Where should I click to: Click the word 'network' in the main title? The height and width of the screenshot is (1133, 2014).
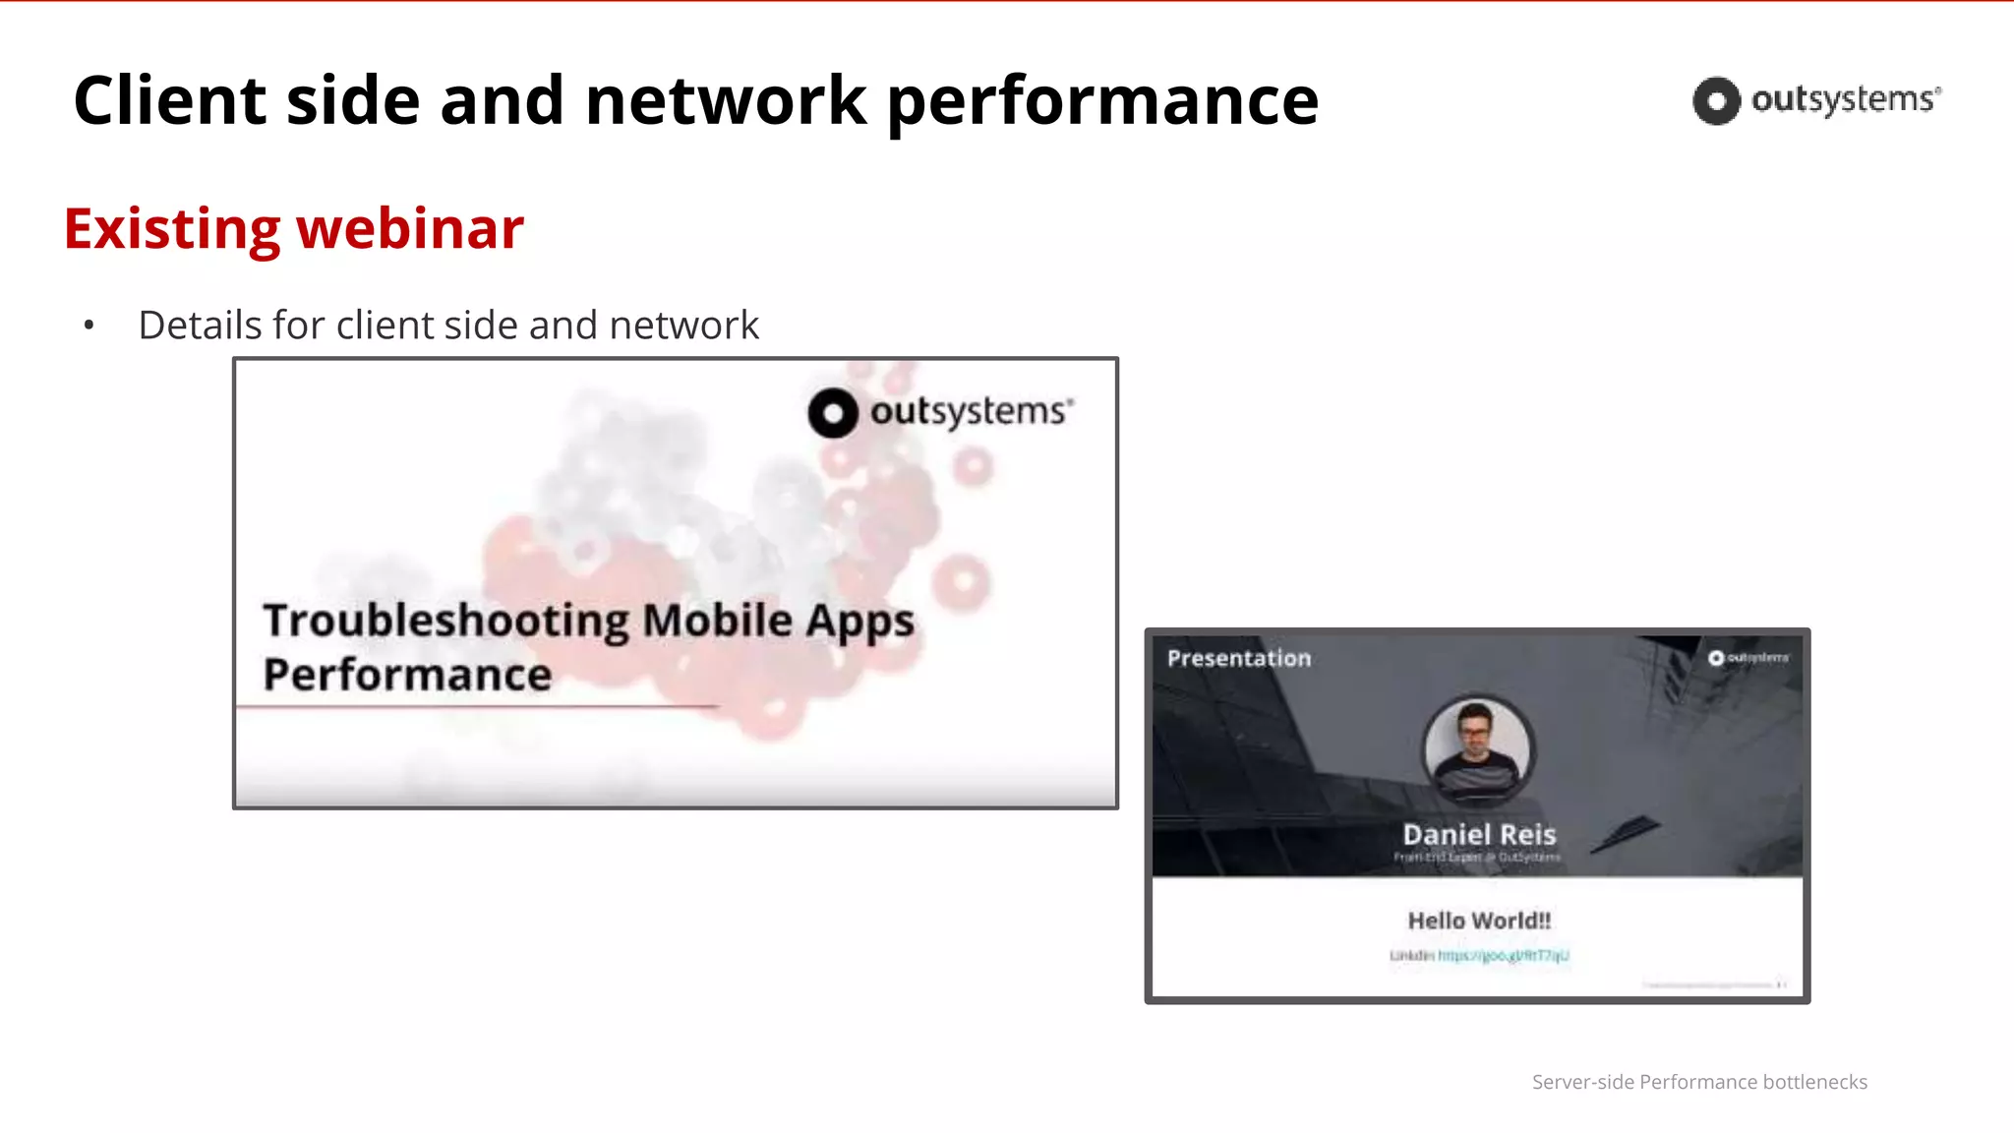(x=726, y=100)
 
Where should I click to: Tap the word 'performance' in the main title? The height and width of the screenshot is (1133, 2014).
(x=1102, y=102)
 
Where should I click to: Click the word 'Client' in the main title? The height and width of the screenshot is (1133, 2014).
(x=169, y=100)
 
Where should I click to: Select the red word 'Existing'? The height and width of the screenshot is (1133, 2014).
(x=172, y=229)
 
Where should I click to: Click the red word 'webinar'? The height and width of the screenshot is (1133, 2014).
(x=410, y=229)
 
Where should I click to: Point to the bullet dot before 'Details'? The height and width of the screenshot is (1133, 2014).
(x=89, y=326)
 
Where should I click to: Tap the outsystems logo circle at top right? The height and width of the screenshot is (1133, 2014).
(x=1716, y=100)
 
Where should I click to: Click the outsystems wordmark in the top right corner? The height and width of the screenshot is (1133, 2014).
(x=1845, y=99)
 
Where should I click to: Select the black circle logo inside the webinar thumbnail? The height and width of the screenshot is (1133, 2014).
(x=833, y=413)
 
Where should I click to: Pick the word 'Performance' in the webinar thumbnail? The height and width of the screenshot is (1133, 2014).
(x=407, y=675)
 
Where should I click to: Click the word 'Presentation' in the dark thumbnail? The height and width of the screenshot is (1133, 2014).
(x=1239, y=658)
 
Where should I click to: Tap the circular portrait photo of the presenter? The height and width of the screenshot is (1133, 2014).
(x=1477, y=749)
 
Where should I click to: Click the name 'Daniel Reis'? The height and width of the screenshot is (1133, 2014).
(x=1479, y=834)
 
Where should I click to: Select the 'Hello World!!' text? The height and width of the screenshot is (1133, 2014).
(x=1479, y=921)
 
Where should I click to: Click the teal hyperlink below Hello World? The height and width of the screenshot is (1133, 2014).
(x=1503, y=955)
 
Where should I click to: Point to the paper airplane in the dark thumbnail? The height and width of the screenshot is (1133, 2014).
(x=1626, y=834)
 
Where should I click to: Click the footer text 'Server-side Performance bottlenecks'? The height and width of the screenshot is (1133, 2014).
(x=1699, y=1082)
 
